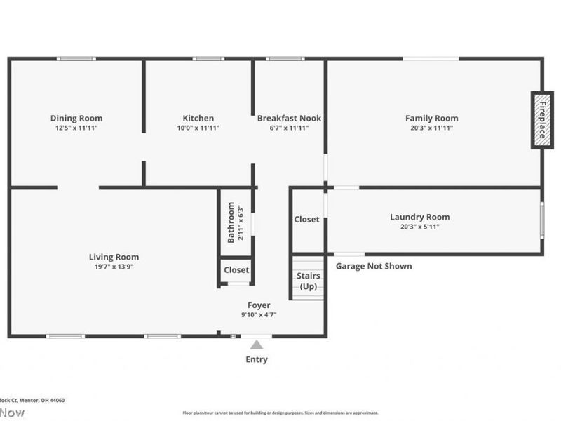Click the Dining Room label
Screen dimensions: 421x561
point(76,118)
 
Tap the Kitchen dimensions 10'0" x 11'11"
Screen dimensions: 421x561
point(198,128)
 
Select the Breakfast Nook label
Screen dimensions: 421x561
point(289,118)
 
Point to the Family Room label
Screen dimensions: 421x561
point(431,118)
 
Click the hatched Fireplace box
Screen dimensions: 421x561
point(542,119)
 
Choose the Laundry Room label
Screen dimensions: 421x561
point(419,217)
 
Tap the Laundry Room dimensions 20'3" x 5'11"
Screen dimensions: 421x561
point(419,227)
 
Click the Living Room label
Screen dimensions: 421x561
point(114,257)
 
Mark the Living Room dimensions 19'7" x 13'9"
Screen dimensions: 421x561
point(114,267)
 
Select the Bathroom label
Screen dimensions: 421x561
point(231,222)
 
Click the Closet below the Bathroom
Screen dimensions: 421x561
point(236,270)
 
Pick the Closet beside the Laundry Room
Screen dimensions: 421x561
point(306,220)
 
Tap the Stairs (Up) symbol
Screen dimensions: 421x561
point(307,281)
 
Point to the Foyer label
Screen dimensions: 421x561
point(258,305)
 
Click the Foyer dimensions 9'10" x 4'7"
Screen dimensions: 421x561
point(258,315)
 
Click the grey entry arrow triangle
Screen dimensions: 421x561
point(257,344)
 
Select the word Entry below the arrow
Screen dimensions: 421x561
point(256,360)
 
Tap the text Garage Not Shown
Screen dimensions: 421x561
point(374,266)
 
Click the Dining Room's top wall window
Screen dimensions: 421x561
point(76,59)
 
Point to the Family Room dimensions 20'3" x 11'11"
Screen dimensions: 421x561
point(431,128)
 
